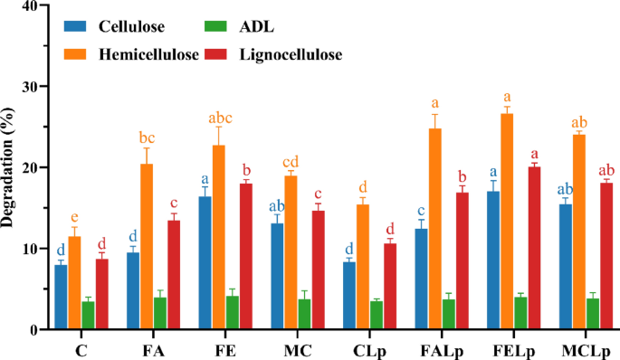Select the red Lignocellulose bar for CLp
click(390, 286)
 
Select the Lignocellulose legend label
click(291, 55)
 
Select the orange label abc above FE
click(218, 117)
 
